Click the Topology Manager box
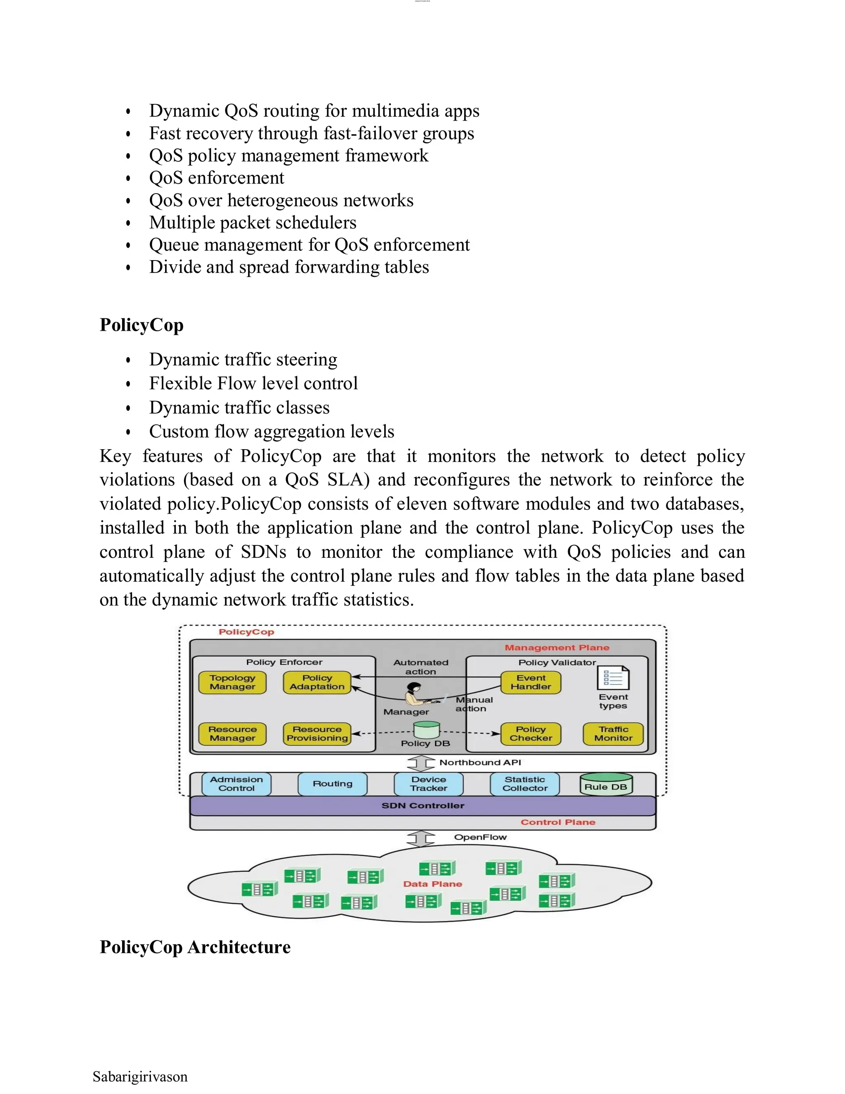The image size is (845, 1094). pyautogui.click(x=232, y=682)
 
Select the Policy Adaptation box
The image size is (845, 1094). pyautogui.click(x=317, y=682)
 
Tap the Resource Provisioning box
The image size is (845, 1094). pyautogui.click(x=317, y=734)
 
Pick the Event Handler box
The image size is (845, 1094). pyautogui.click(x=531, y=682)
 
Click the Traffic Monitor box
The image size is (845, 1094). pyautogui.click(x=613, y=734)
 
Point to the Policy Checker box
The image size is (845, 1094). pyautogui.click(x=531, y=734)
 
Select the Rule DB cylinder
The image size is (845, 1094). pyautogui.click(x=606, y=784)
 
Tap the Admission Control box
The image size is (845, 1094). pyautogui.click(x=236, y=784)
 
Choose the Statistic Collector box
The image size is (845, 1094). pyautogui.click(x=525, y=784)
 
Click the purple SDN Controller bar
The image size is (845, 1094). pyautogui.click(x=422, y=805)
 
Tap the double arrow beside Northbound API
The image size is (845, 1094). pyautogui.click(x=420, y=763)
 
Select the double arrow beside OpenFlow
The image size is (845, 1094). pyautogui.click(x=420, y=838)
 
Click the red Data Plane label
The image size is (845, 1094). pyautogui.click(x=432, y=884)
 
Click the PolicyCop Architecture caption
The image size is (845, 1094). pyautogui.click(x=195, y=947)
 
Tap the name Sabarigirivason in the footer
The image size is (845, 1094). pyautogui.click(x=140, y=1077)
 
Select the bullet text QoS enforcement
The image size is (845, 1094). pyautogui.click(x=216, y=178)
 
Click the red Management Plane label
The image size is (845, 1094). pyautogui.click(x=557, y=648)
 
